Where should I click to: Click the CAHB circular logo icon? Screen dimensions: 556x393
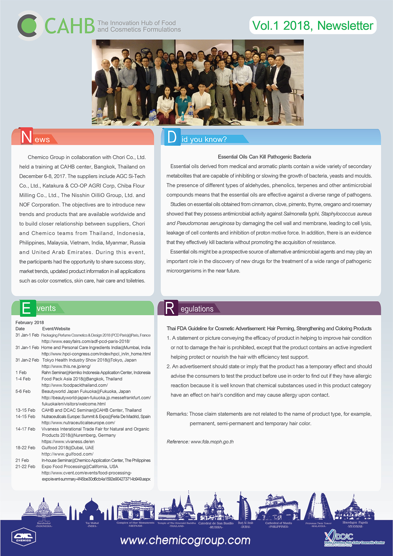click(30, 26)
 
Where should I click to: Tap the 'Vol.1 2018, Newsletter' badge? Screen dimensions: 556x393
click(312, 25)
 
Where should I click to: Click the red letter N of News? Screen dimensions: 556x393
click(26, 137)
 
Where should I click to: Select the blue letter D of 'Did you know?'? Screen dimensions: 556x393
click(172, 137)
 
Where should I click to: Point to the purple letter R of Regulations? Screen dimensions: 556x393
click(170, 308)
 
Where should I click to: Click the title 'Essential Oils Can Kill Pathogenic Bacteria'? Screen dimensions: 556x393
click(264, 157)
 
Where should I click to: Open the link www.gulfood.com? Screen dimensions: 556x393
click(67, 454)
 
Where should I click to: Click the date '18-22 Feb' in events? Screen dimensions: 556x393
click(25, 448)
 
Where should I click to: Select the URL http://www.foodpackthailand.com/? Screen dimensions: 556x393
click(74, 385)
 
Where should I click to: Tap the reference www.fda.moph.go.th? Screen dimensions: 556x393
click(212, 442)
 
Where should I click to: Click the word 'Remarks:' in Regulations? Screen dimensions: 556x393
click(177, 414)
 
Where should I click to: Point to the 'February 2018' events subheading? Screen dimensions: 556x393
click(30, 323)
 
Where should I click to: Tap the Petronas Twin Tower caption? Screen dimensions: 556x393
click(318, 523)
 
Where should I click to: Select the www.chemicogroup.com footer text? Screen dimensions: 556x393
click(185, 540)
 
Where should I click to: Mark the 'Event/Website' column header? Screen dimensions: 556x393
click(56, 329)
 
